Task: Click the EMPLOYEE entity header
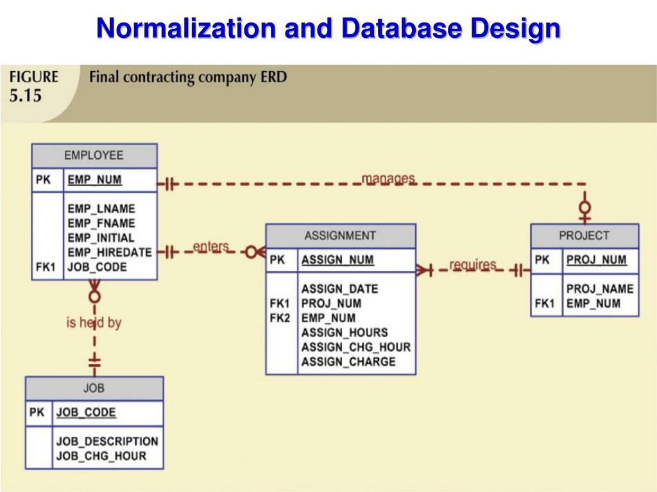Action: pyautogui.click(x=94, y=156)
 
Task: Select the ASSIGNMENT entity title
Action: pyautogui.click(x=340, y=235)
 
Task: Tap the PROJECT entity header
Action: pyautogui.click(x=584, y=235)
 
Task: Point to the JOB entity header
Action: pyautogui.click(x=94, y=388)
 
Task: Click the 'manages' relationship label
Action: pyautogui.click(x=388, y=178)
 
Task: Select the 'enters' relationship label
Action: pyautogui.click(x=210, y=247)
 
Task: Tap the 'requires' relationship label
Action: pyautogui.click(x=472, y=265)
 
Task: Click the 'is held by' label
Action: pyautogui.click(x=94, y=322)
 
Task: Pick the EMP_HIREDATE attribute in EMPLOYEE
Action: pyautogui.click(x=110, y=252)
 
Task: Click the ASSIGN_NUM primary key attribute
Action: pyautogui.click(x=337, y=260)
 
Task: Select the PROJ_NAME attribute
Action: pyautogui.click(x=599, y=289)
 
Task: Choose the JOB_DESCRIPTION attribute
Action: pyautogui.click(x=107, y=441)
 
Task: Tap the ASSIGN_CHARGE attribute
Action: pyautogui.click(x=348, y=362)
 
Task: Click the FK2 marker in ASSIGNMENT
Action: pyautogui.click(x=280, y=318)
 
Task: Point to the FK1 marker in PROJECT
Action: pyautogui.click(x=544, y=304)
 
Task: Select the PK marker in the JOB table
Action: pyautogui.click(x=37, y=413)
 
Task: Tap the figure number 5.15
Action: pyautogui.click(x=25, y=95)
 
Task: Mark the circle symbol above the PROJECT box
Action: pyautogui.click(x=584, y=208)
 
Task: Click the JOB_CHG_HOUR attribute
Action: pyautogui.click(x=101, y=456)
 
